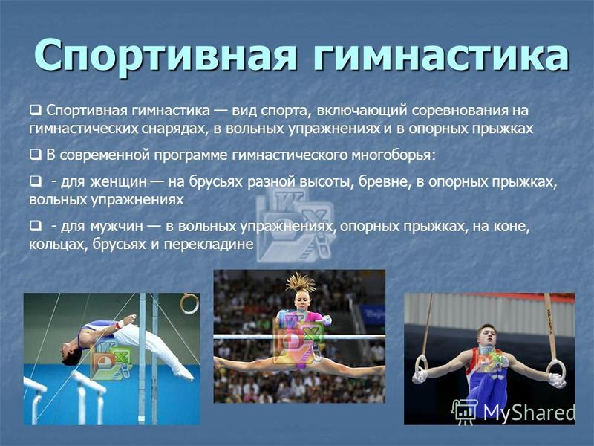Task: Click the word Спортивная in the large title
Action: (165, 55)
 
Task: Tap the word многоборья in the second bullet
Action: (394, 155)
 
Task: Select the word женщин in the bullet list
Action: (119, 182)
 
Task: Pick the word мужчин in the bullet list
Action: (117, 227)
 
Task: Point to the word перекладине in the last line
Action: (209, 245)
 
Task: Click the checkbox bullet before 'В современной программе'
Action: (35, 155)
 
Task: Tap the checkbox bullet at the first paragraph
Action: (35, 110)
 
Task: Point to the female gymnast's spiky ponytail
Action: (301, 283)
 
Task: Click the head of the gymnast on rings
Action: (487, 337)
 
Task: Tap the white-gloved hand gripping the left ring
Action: (420, 376)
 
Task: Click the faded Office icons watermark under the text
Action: (296, 224)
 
